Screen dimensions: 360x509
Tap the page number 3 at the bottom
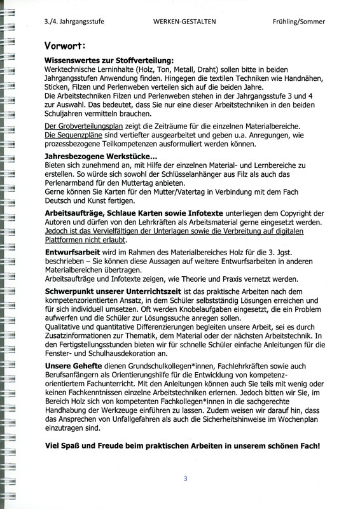point(185,479)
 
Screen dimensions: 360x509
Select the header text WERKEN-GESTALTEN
point(184,21)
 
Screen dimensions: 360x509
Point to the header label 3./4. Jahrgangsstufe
point(74,21)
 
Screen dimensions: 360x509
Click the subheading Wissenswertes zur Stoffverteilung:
point(105,59)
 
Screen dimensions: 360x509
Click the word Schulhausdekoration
point(129,352)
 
